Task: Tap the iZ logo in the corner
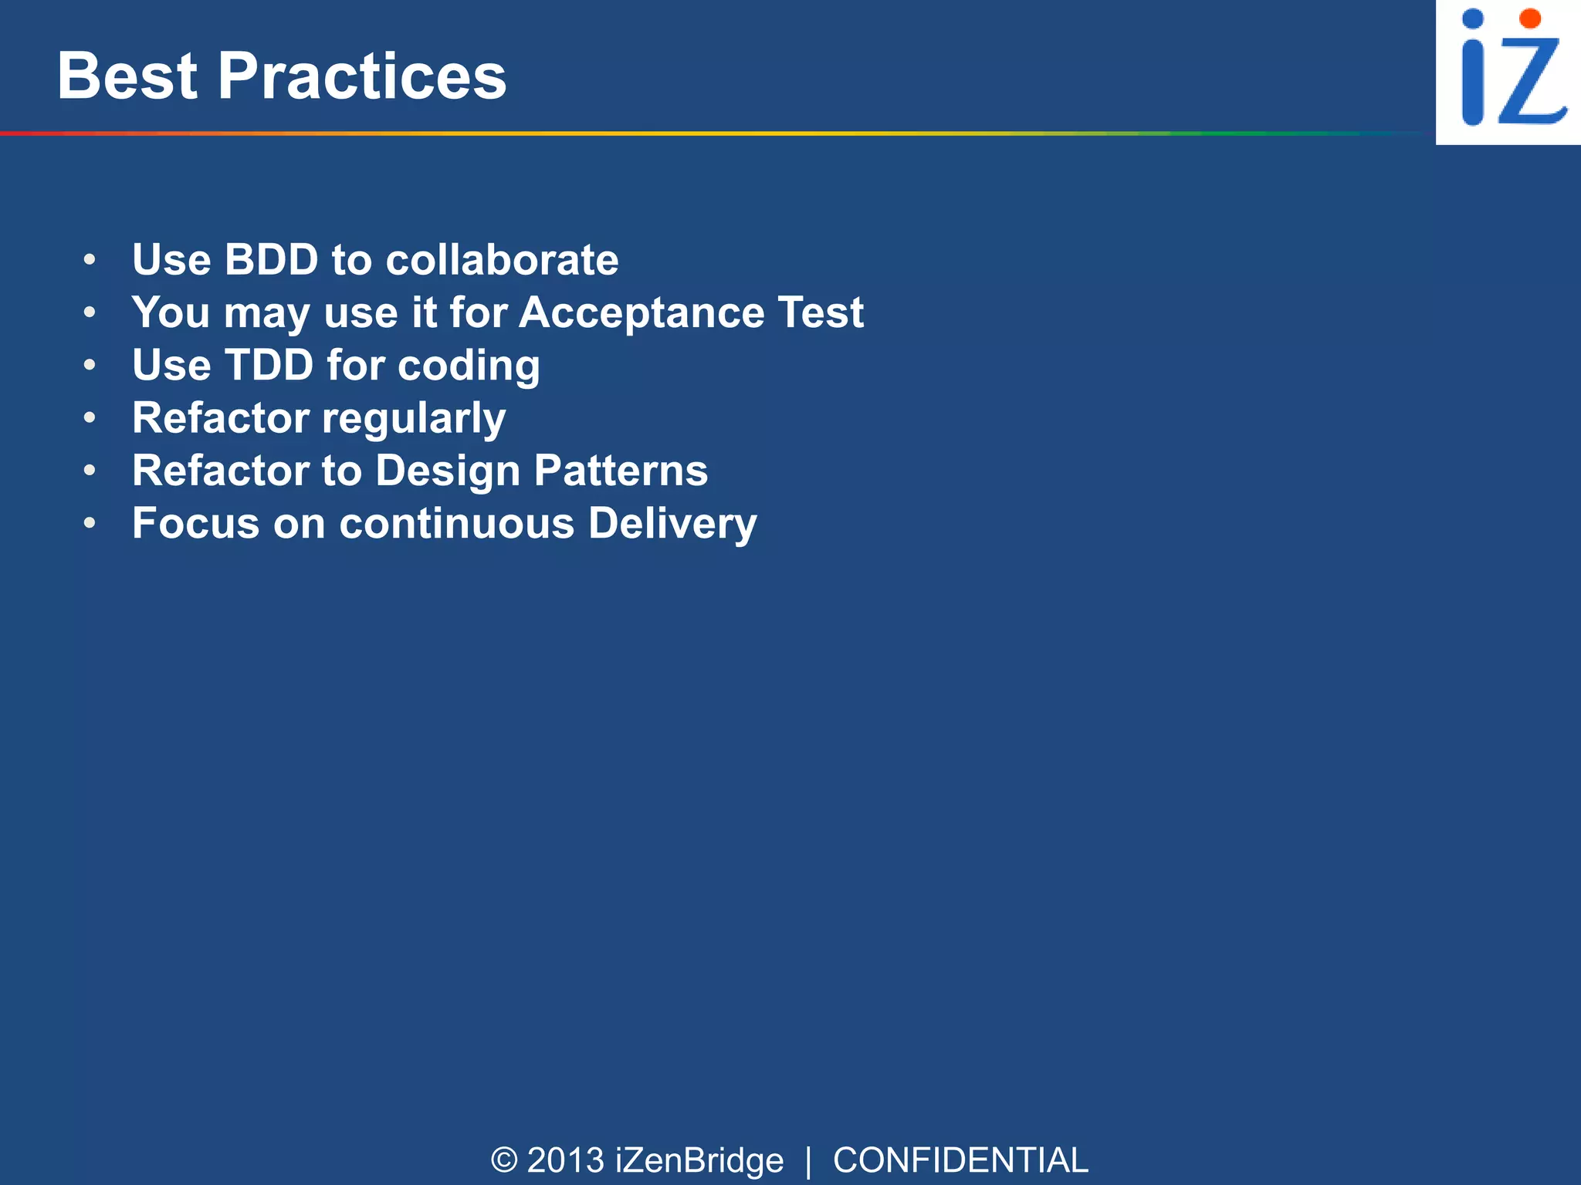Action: point(1508,71)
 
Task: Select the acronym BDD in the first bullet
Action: point(271,259)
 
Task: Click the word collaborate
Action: point(502,259)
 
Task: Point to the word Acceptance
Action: point(642,313)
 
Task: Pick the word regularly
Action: point(414,419)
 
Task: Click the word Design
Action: point(448,471)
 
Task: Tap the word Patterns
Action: point(621,471)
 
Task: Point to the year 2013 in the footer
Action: point(565,1160)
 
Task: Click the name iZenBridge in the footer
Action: point(699,1160)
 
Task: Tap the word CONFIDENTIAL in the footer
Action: point(960,1160)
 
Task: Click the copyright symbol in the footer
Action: point(504,1160)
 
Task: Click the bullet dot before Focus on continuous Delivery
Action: point(90,523)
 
